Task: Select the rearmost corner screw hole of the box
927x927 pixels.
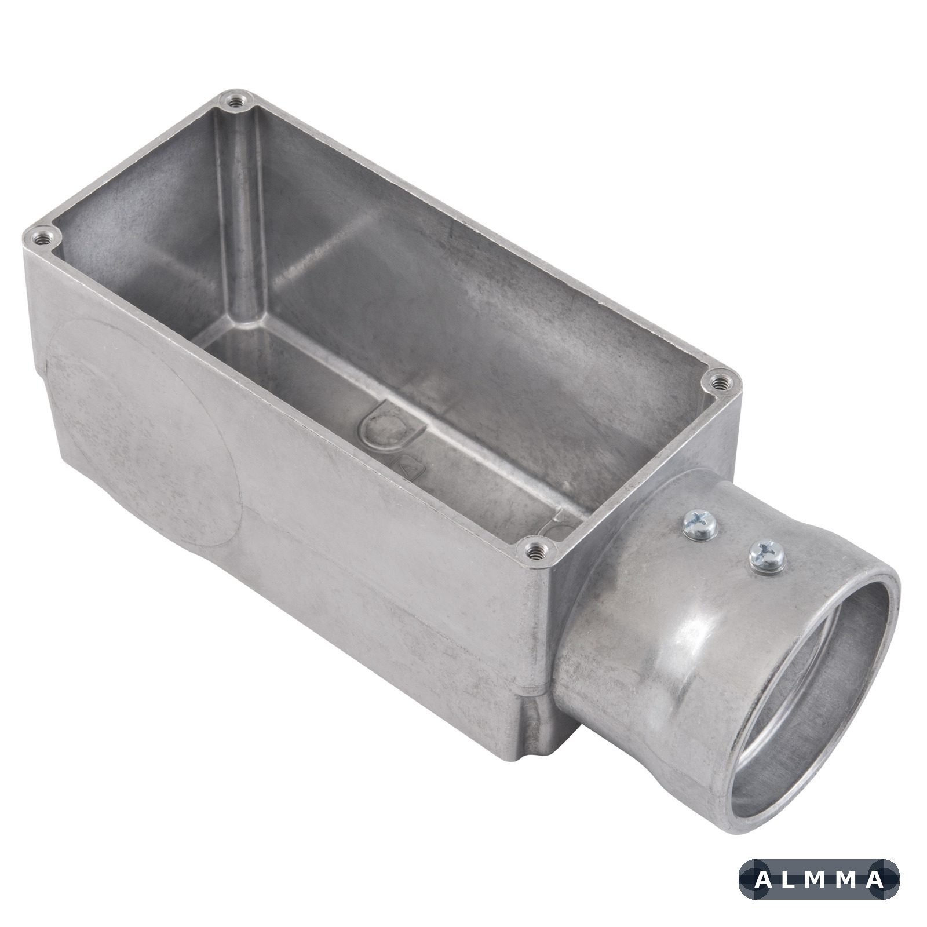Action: coord(234,101)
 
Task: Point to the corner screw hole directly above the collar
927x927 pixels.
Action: coord(721,381)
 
